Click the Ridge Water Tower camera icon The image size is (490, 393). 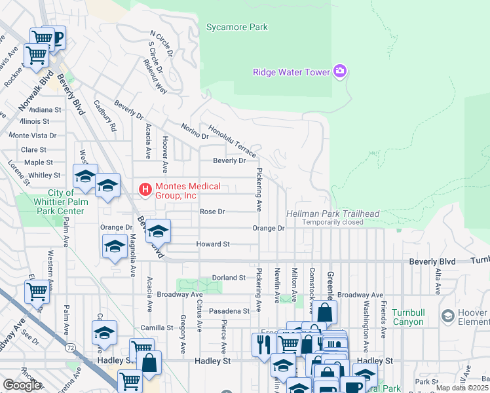(339, 71)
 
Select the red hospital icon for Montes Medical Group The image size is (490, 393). (145, 191)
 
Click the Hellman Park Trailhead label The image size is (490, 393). (333, 214)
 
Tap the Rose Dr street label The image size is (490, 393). (212, 212)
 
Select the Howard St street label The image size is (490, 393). (213, 244)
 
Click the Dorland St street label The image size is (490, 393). (228, 278)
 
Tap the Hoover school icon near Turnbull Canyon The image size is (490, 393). (448, 317)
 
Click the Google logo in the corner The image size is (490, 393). (21, 385)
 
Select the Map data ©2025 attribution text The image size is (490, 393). (462, 388)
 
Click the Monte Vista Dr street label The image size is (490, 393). (32, 135)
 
